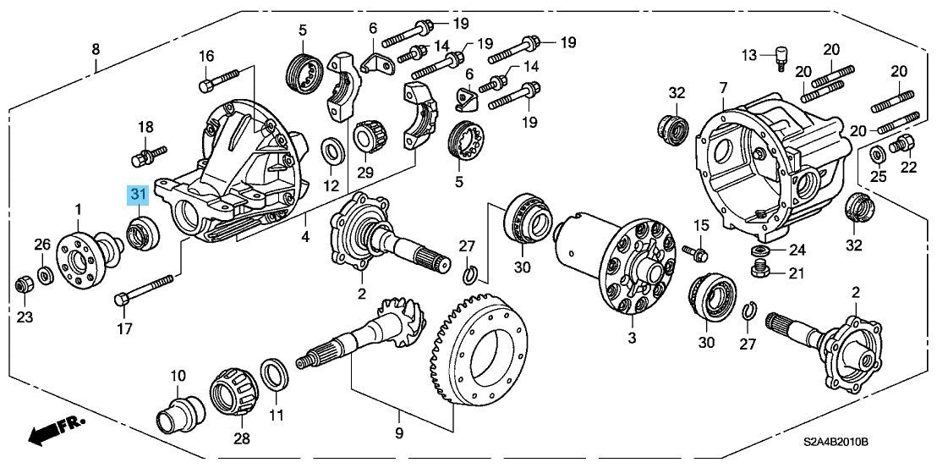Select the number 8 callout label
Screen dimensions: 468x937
(96, 49)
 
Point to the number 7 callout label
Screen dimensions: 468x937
(723, 89)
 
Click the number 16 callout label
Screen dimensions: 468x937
(207, 57)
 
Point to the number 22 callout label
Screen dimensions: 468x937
(908, 167)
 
